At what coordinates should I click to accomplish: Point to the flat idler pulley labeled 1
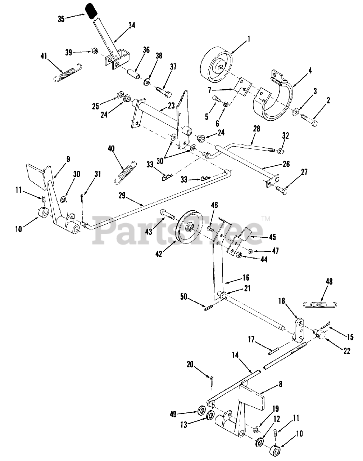(x=216, y=66)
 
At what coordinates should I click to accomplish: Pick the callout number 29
(x=122, y=196)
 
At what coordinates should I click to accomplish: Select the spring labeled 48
(x=320, y=305)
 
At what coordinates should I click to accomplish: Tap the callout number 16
(x=246, y=278)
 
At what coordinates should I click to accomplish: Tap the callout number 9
(x=68, y=159)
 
